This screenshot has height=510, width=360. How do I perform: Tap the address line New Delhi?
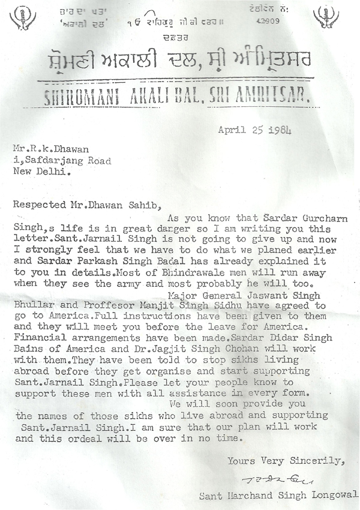41,171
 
